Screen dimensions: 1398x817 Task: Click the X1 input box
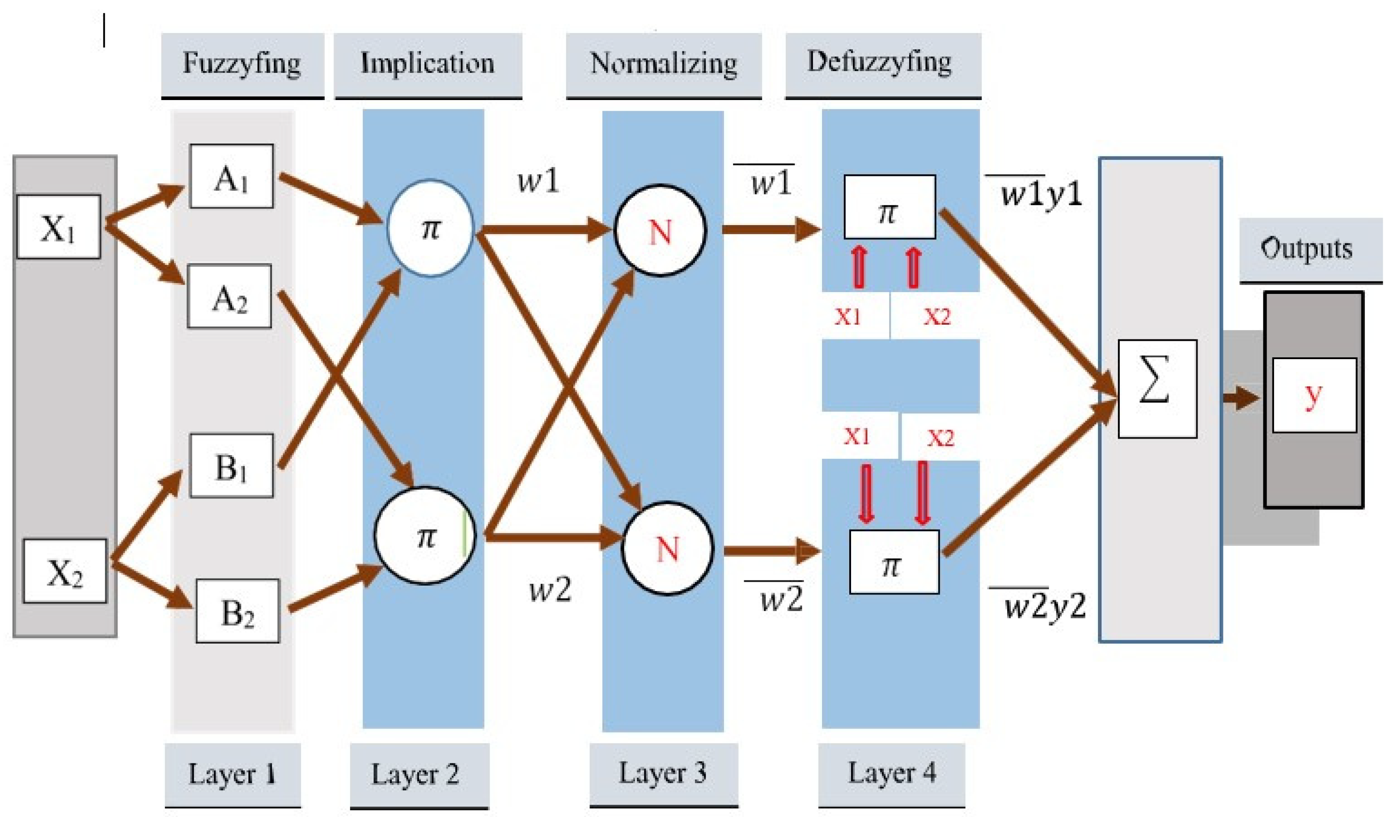tap(59, 227)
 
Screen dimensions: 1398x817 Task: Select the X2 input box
tap(64, 571)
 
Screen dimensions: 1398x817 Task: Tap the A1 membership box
tap(231, 176)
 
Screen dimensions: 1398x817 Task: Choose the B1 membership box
tap(231, 465)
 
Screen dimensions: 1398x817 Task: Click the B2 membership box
tap(237, 611)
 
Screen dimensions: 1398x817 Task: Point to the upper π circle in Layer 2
tap(430, 228)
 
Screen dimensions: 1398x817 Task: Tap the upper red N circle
tap(660, 230)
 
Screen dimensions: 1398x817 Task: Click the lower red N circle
tap(667, 548)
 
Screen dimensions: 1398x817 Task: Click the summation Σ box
tap(1157, 389)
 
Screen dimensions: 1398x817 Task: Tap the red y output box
tap(1314, 394)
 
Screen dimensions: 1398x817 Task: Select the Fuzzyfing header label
tap(242, 63)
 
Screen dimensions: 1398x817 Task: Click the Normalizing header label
tap(664, 63)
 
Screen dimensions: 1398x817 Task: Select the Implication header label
tap(428, 63)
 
